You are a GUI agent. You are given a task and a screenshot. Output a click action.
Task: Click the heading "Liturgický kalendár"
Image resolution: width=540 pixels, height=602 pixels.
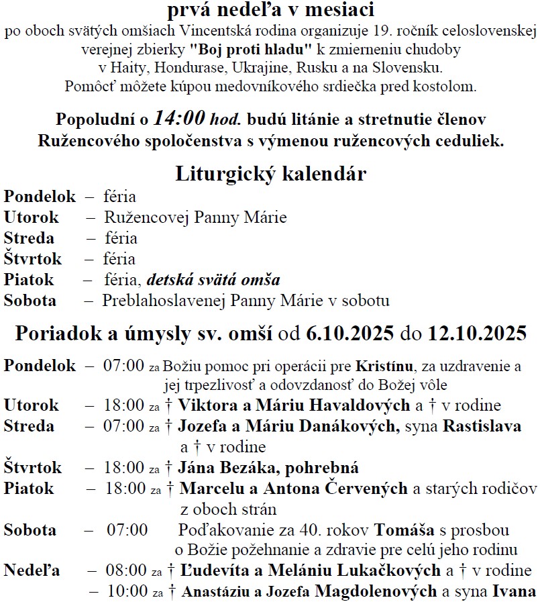point(270,174)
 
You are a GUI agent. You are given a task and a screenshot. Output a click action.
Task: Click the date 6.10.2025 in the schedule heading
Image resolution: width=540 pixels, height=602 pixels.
point(350,334)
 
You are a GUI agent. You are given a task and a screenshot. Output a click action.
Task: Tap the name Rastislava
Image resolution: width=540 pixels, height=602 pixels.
point(480,426)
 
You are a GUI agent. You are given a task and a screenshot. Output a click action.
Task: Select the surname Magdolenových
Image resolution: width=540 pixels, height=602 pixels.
point(380,592)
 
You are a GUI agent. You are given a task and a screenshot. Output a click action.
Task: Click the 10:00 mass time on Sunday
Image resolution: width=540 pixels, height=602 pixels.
point(125,592)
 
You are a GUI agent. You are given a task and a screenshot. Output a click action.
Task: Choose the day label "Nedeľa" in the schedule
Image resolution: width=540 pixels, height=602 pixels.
point(32,572)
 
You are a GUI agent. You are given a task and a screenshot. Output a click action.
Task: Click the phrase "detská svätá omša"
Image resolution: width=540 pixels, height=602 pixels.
point(214,280)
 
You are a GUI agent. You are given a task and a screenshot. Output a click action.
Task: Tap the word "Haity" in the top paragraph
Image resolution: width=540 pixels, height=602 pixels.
point(127,68)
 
